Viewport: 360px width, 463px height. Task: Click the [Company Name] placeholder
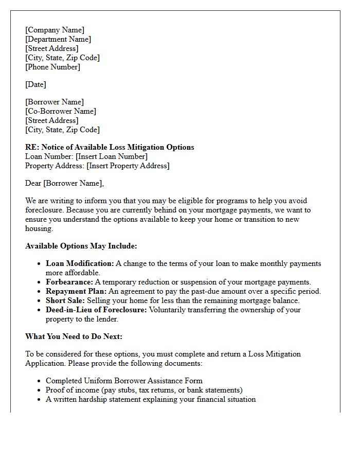point(55,30)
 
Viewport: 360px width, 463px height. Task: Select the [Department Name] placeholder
point(58,39)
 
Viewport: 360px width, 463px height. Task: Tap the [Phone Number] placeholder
point(52,67)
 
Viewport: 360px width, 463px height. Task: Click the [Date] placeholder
point(35,84)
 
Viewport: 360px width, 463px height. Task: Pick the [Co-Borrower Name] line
point(61,111)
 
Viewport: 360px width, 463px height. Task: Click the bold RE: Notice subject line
point(110,147)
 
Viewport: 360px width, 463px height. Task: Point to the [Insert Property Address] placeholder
point(128,166)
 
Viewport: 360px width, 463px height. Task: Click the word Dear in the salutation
point(34,183)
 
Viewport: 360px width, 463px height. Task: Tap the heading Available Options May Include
point(81,246)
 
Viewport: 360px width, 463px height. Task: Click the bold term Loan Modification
point(80,263)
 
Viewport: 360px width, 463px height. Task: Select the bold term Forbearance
point(69,282)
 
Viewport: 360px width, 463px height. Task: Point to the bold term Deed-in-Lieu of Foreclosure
point(96,310)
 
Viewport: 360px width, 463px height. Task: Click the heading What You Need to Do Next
point(74,336)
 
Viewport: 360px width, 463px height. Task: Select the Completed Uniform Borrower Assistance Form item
point(124,381)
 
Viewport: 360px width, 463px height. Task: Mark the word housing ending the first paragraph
point(39,228)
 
